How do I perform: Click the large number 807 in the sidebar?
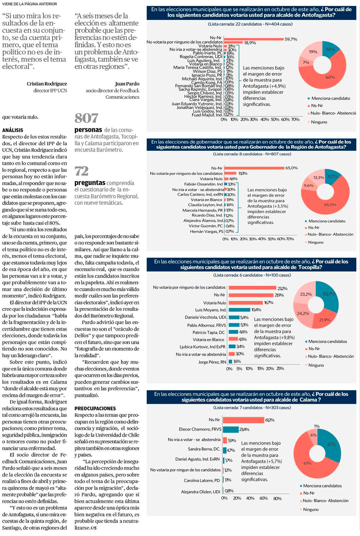click(86, 118)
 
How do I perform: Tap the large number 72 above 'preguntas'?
click(82, 171)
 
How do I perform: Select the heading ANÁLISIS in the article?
click(12, 130)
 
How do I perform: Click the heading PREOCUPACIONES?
click(95, 408)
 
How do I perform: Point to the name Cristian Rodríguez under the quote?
click(47, 84)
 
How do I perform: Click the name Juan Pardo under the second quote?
click(127, 84)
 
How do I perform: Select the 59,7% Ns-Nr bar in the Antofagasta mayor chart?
click(254, 39)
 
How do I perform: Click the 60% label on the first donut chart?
click(330, 77)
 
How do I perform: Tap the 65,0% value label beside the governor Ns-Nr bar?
click(291, 168)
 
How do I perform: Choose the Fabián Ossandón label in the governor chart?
click(203, 184)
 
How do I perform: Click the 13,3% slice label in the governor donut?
click(319, 178)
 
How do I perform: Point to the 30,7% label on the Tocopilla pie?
click(329, 294)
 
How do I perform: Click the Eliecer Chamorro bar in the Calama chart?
click(231, 429)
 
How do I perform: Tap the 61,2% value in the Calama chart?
click(270, 420)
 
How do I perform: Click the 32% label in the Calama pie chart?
click(331, 444)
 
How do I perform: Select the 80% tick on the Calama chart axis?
click(277, 498)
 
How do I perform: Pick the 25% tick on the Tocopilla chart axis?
click(280, 368)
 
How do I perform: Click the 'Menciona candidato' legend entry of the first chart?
click(330, 98)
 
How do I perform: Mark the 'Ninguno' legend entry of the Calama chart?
click(311, 509)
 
